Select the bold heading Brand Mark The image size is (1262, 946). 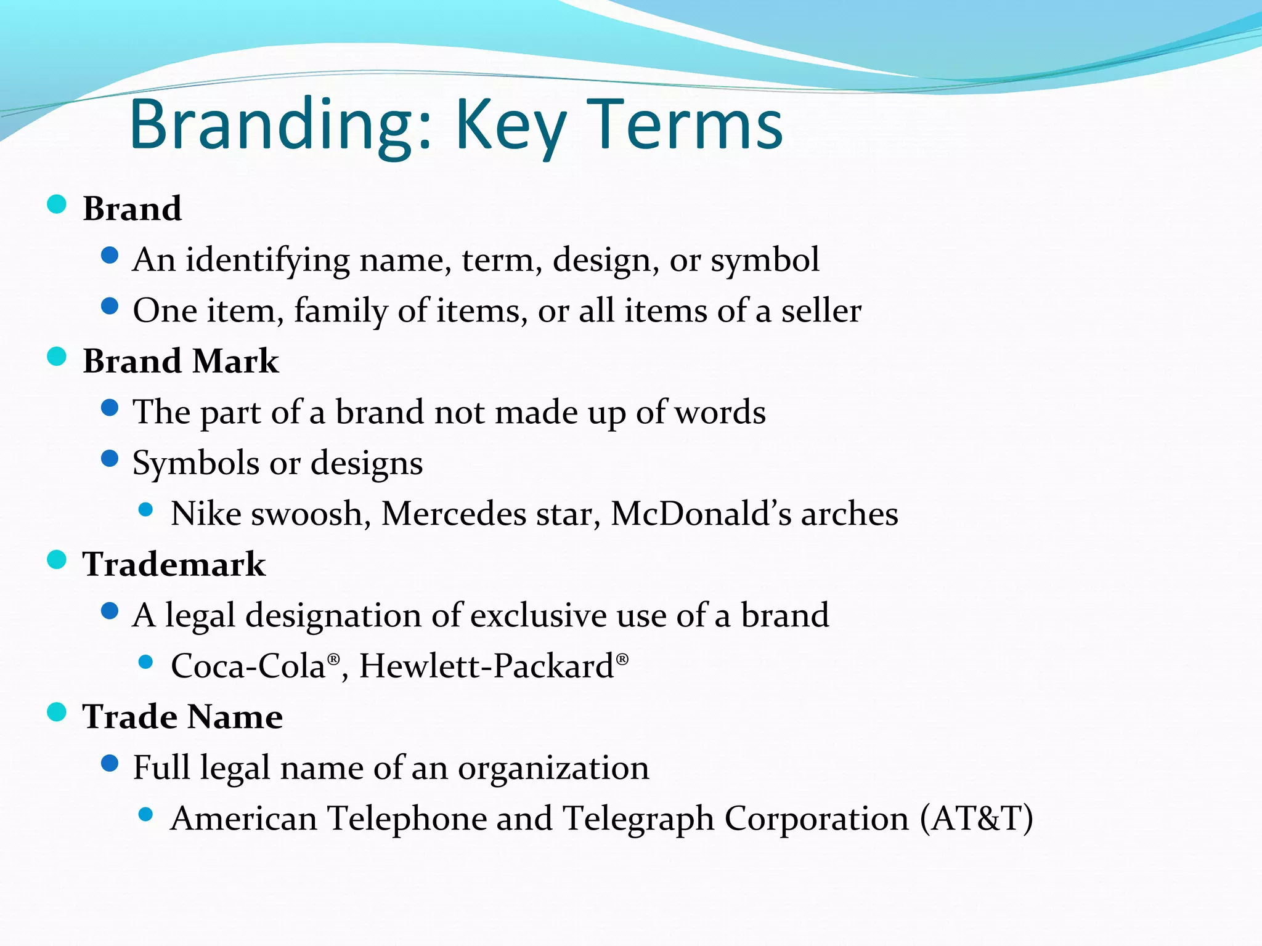181,361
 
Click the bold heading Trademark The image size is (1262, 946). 174,564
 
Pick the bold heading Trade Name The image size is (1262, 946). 182,717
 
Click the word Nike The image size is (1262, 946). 206,514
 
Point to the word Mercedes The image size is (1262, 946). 454,514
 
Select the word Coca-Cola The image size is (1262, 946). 248,666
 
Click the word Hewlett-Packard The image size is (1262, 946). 486,666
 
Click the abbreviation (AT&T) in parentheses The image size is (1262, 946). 976,819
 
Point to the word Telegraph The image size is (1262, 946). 638,819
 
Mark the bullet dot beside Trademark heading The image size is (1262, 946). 57,560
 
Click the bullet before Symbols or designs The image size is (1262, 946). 110,459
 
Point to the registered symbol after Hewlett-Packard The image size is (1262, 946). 622,660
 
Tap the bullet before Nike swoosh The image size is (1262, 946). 146,509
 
